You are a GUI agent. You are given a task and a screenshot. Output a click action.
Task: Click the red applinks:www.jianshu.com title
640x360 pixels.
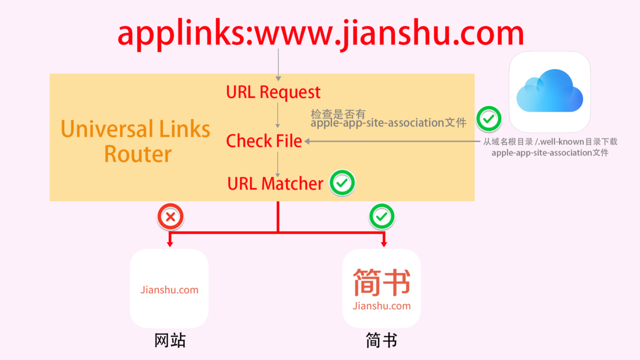coord(320,33)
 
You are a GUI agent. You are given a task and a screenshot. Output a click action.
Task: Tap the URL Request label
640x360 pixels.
coord(273,92)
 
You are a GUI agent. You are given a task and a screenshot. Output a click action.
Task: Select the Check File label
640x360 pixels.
coord(264,141)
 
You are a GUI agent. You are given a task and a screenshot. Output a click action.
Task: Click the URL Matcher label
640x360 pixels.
coord(275,183)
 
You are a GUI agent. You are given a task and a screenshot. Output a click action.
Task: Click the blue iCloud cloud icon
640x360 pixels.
coord(550,92)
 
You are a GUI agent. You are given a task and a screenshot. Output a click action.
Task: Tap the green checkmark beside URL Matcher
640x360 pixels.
coord(342,183)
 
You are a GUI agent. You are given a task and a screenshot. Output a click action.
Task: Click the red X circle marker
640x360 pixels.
coord(170,217)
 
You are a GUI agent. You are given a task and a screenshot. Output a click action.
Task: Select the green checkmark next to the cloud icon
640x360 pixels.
coord(488,119)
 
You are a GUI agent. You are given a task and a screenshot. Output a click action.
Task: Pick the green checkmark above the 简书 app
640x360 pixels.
coord(382,217)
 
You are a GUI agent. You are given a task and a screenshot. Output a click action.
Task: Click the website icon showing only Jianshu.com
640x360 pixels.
coord(169,289)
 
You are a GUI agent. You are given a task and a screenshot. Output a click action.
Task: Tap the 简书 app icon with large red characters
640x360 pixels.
coord(382,289)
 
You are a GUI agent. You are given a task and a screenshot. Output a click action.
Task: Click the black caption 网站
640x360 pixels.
coord(170,340)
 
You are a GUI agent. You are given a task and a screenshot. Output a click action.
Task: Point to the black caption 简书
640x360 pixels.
coord(381,340)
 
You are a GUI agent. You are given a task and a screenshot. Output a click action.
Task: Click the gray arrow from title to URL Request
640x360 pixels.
coord(278,64)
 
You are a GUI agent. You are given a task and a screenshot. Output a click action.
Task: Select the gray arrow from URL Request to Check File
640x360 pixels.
coord(278,115)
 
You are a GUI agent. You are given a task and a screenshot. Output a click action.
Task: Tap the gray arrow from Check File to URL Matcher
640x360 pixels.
coord(278,164)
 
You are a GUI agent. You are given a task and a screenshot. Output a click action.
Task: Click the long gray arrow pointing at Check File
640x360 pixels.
coord(392,141)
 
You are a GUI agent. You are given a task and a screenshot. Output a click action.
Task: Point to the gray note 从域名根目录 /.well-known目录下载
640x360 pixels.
coord(550,142)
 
